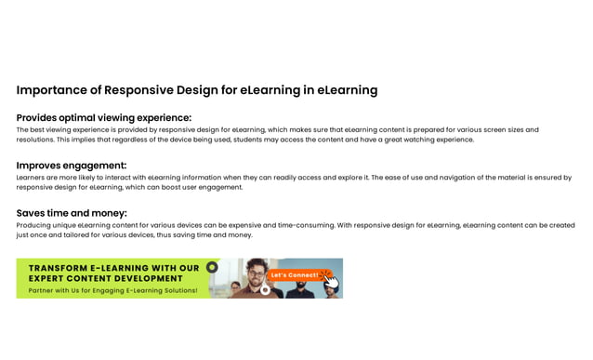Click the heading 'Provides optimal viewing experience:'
click(x=103, y=118)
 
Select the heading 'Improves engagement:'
click(x=71, y=166)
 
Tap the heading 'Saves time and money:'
click(x=72, y=213)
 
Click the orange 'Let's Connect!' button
click(x=294, y=274)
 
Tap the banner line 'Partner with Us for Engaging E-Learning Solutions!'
click(x=112, y=290)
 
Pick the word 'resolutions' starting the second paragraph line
click(x=34, y=140)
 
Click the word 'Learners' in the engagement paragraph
click(x=32, y=177)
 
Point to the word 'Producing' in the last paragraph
click(x=33, y=224)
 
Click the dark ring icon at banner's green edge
click(x=212, y=267)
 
